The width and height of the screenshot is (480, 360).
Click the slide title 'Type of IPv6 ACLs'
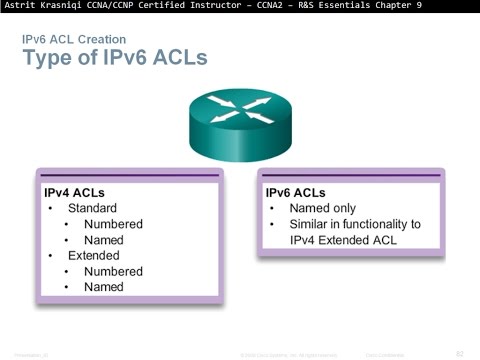click(115, 58)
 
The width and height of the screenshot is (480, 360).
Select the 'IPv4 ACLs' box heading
click(75, 190)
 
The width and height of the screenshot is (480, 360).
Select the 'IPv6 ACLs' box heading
click(297, 190)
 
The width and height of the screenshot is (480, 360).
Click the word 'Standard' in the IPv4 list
click(92, 208)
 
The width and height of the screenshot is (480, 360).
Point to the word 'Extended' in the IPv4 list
click(94, 255)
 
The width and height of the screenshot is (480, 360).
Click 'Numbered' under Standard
click(113, 224)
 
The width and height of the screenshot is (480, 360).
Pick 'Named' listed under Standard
click(104, 240)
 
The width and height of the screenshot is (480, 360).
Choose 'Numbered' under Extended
click(113, 271)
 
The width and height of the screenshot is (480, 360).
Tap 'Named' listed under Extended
click(104, 287)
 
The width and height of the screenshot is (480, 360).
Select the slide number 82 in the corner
click(460, 353)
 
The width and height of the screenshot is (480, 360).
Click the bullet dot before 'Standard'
click(51, 208)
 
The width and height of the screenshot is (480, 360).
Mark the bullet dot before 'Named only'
click(274, 208)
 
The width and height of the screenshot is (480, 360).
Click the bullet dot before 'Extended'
click(51, 255)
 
